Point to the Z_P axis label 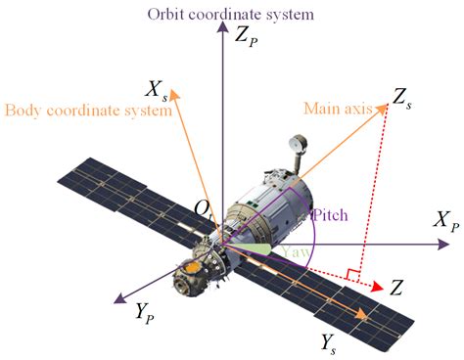pyautogui.click(x=248, y=39)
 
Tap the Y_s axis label pyautogui.click(x=334, y=341)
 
